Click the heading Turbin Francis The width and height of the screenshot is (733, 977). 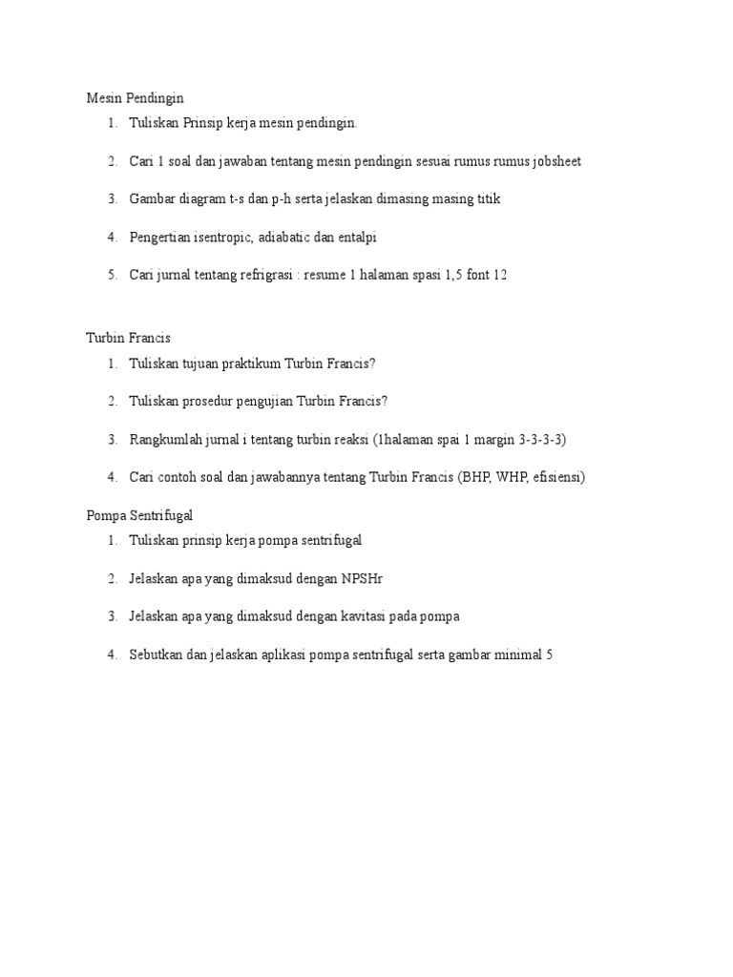click(128, 338)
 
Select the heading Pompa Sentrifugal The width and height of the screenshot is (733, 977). click(139, 515)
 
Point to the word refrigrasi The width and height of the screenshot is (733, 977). click(261, 276)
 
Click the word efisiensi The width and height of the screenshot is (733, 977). click(556, 477)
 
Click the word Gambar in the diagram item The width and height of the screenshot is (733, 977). click(153, 199)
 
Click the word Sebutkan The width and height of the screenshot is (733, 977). click(156, 655)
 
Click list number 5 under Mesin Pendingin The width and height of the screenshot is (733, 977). click(112, 276)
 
